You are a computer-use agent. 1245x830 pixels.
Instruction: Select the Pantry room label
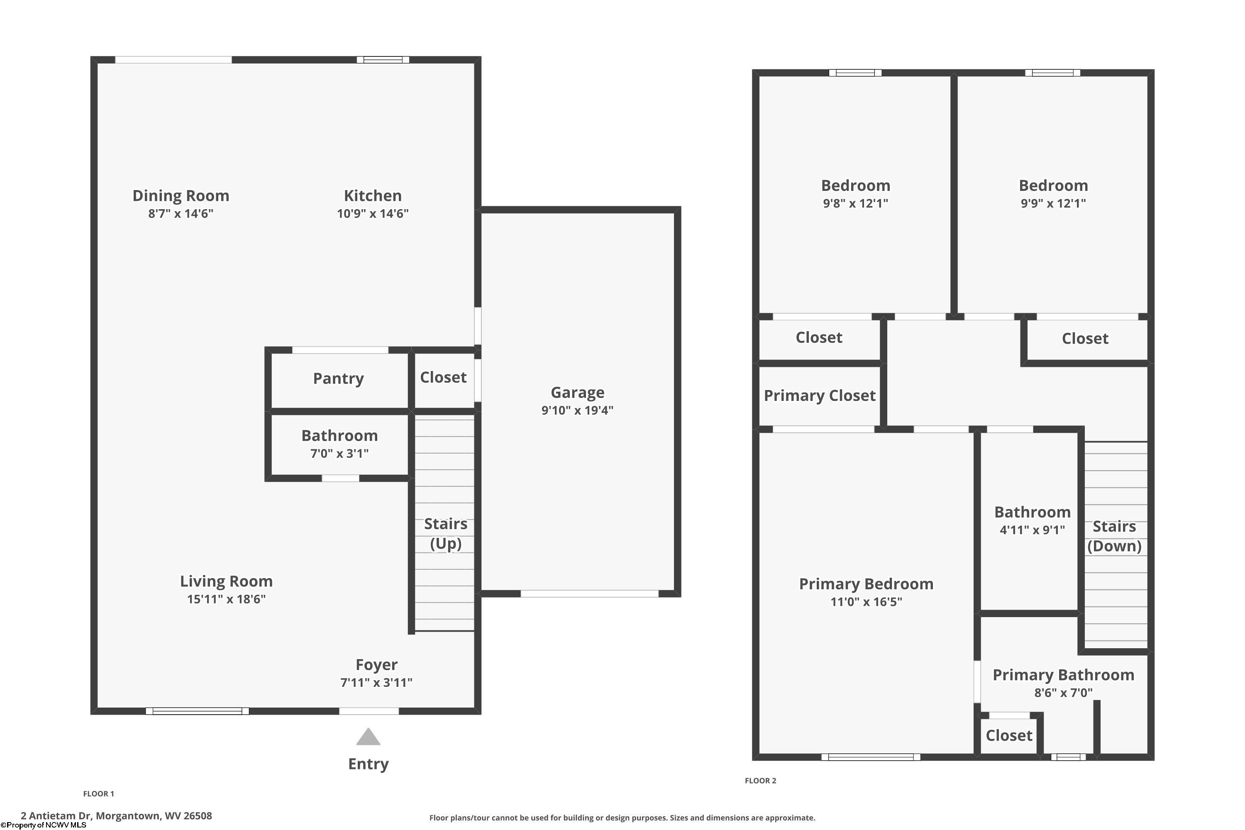[x=338, y=378]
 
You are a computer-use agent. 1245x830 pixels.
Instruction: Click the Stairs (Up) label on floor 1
[x=445, y=534]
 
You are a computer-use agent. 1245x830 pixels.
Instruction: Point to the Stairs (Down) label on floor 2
[x=1114, y=536]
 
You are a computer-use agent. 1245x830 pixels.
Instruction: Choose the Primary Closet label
[x=819, y=395]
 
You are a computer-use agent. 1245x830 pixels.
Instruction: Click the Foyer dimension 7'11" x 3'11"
[x=376, y=682]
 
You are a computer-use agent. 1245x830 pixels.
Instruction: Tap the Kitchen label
[x=373, y=195]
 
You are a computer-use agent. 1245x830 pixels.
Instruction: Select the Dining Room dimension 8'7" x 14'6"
[x=181, y=213]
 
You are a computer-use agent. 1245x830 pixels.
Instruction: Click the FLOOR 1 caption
[x=98, y=793]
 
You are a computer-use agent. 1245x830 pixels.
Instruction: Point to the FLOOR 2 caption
[x=760, y=780]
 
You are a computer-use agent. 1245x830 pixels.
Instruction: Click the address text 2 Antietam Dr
[x=117, y=816]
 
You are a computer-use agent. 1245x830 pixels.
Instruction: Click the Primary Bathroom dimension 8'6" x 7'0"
[x=1063, y=692]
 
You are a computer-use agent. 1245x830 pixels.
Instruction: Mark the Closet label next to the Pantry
[x=443, y=377]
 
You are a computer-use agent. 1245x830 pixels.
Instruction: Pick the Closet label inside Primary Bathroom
[x=1008, y=735]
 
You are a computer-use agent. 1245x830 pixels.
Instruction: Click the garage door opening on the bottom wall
[x=589, y=594]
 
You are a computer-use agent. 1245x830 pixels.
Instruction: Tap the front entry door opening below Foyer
[x=369, y=711]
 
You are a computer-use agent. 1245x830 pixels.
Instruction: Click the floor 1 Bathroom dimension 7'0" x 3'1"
[x=339, y=453]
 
